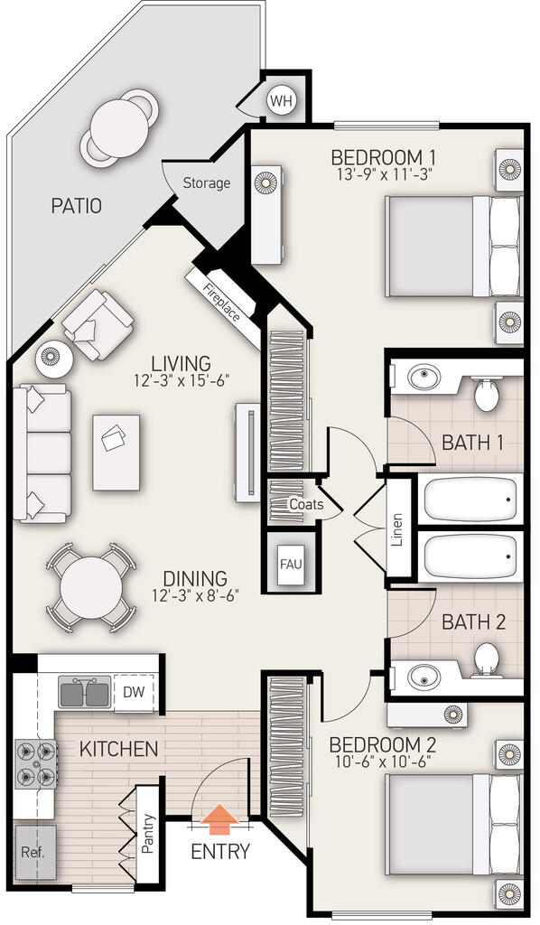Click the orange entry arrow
click(x=219, y=819)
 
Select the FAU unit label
click(x=291, y=564)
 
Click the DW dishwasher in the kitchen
click(x=134, y=692)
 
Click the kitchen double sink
click(x=84, y=691)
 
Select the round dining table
click(x=91, y=587)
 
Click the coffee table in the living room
click(x=116, y=453)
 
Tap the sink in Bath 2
click(x=424, y=676)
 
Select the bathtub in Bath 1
click(x=470, y=499)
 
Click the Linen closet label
click(x=397, y=529)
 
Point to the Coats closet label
click(x=306, y=504)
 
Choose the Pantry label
click(x=148, y=834)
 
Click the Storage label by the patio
click(x=206, y=182)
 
